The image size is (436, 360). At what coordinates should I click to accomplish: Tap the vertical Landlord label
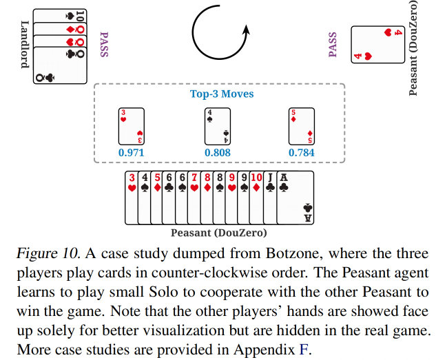pos(24,42)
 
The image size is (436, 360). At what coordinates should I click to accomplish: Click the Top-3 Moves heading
pos(218,94)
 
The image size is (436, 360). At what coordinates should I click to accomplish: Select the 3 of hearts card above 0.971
pos(132,125)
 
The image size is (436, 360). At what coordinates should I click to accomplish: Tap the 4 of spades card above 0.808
pos(218,125)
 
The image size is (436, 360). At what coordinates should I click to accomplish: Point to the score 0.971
pos(132,152)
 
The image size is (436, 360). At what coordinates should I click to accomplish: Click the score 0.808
pos(218,152)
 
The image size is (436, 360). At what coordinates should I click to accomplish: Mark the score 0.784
pos(302,152)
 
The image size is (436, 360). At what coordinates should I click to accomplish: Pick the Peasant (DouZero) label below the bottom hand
pos(218,232)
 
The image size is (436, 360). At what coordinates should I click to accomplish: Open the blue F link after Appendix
pos(302,348)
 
